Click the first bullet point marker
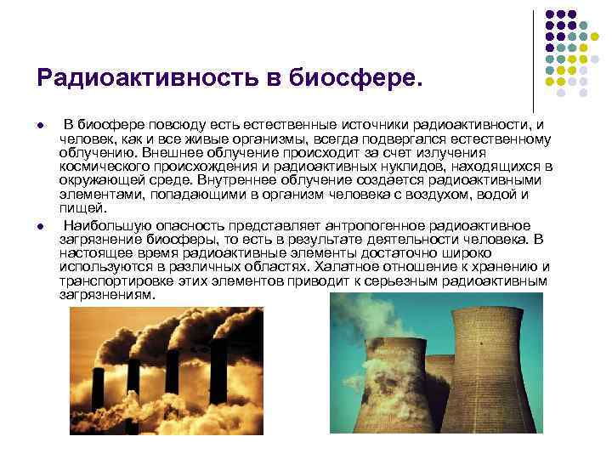coord(42,127)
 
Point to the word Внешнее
coord(172,152)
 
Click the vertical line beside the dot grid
coord(533,59)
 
